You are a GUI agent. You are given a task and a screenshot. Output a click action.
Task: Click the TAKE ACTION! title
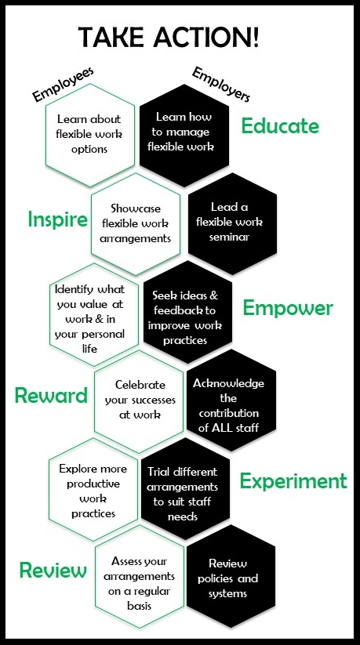tap(169, 36)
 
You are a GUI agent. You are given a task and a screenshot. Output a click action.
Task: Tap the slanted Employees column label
tap(64, 84)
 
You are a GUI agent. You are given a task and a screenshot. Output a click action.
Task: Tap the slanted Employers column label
tap(220, 85)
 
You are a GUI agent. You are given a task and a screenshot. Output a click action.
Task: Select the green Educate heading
tap(280, 125)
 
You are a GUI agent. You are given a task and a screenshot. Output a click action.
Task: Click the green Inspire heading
tap(58, 219)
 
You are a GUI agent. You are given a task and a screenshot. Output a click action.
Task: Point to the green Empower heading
tap(288, 309)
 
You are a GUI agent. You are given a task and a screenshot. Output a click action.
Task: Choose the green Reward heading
tap(51, 396)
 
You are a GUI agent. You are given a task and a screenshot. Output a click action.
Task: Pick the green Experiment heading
tap(293, 481)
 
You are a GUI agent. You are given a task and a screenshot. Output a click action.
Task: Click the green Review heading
tap(53, 570)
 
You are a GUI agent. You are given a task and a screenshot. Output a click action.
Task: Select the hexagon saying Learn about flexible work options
tap(90, 135)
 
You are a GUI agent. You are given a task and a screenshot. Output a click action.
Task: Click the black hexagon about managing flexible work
tap(184, 136)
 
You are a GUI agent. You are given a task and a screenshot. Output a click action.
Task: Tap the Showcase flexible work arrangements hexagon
tap(136, 224)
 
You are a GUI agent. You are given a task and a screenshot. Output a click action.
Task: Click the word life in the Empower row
tap(89, 349)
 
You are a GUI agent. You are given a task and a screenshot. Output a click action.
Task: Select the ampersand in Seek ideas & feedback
tap(213, 295)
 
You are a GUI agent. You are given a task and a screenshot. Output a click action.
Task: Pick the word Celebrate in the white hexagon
tap(140, 385)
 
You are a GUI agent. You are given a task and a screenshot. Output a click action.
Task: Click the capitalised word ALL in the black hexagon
tap(223, 428)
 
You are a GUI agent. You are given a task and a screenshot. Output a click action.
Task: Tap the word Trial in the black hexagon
tap(159, 472)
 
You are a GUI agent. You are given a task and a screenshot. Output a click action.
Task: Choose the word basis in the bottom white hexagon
tap(140, 606)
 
